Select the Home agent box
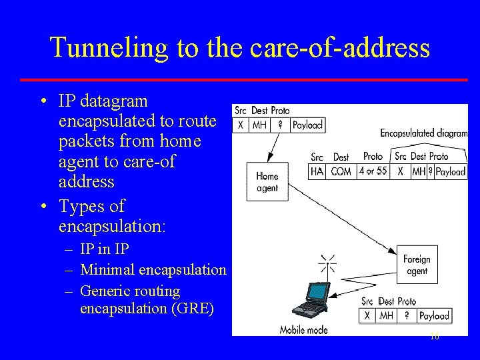coord(267,182)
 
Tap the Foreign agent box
coord(417,265)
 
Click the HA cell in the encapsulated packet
coord(317,171)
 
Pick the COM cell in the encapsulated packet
coord(341,171)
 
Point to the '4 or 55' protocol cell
coord(373,171)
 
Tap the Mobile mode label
coord(303,329)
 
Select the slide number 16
coord(435,337)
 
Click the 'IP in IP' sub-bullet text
coord(105,249)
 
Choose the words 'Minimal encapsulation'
coord(153,270)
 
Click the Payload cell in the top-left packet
coord(308,125)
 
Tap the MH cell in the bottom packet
coord(387,315)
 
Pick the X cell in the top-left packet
coord(240,125)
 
